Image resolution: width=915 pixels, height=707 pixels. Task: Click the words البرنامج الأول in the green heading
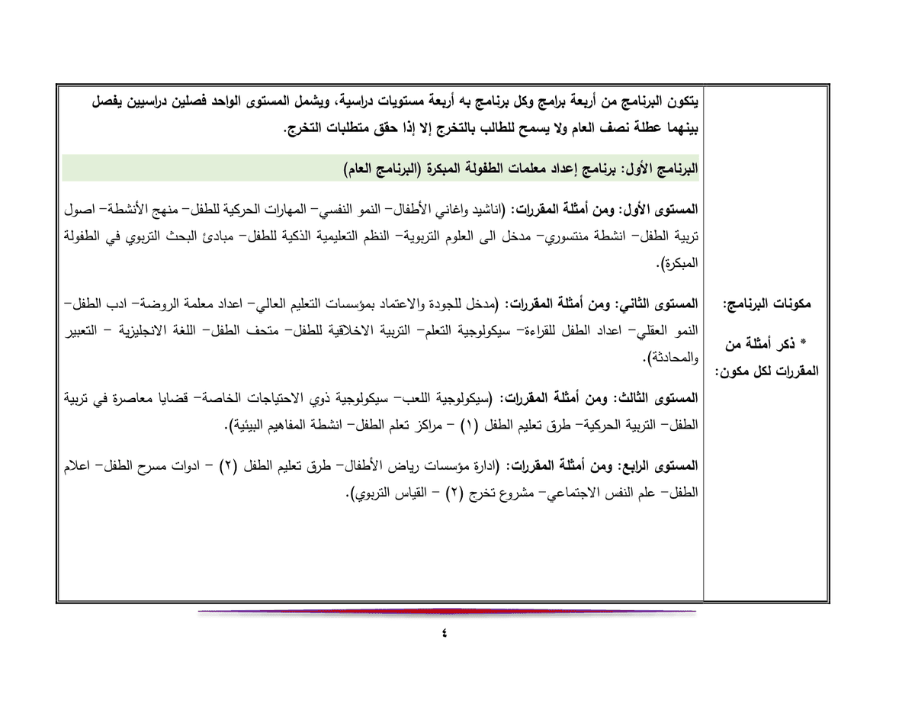click(x=662, y=168)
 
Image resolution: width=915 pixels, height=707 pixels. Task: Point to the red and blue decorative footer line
click(x=446, y=612)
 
